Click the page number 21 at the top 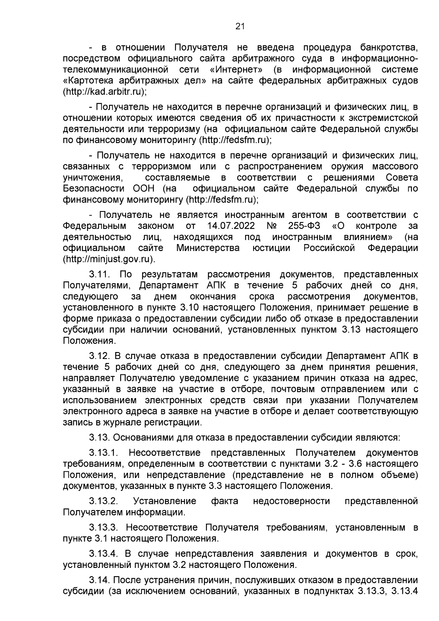[x=240, y=26]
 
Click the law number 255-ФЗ [x=302, y=225]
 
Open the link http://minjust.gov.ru [x=108, y=259]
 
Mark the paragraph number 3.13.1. [x=104, y=453]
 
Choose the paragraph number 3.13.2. [x=104, y=501]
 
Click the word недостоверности [x=291, y=501]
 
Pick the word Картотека [x=87, y=81]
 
